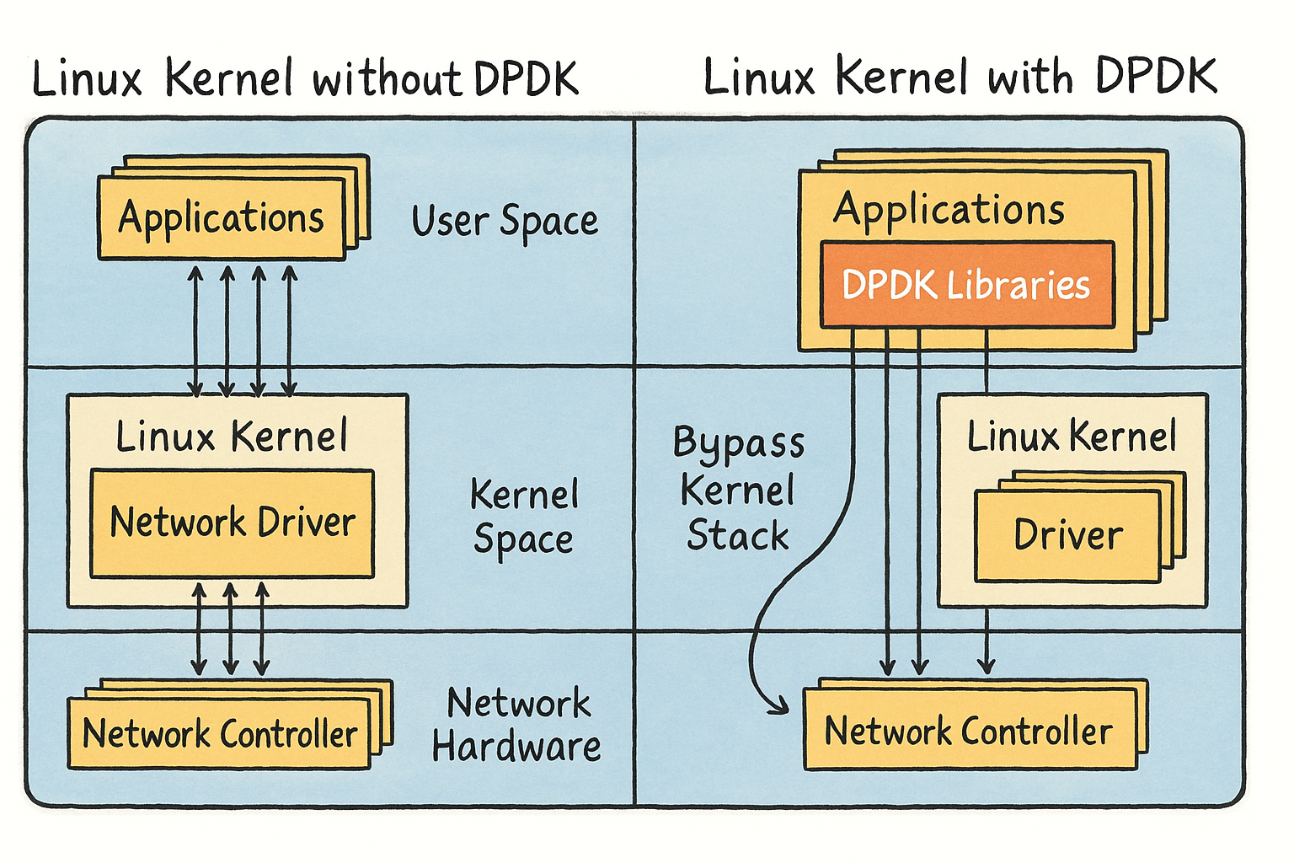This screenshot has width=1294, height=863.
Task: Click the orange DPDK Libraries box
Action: (x=966, y=285)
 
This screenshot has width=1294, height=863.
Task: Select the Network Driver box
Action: (x=232, y=523)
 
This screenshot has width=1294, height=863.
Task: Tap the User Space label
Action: (x=505, y=221)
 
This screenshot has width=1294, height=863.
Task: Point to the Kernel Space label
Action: (x=523, y=516)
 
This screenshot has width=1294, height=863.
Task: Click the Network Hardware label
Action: (x=516, y=725)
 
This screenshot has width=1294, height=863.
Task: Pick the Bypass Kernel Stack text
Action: (x=738, y=489)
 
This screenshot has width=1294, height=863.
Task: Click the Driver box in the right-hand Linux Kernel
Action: (x=1067, y=536)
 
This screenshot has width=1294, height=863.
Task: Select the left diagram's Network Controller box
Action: (x=219, y=734)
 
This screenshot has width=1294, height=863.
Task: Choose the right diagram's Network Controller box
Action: (x=969, y=731)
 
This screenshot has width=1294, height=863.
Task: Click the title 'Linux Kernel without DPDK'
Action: (x=305, y=79)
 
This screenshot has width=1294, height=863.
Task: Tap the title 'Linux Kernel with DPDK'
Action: (x=960, y=77)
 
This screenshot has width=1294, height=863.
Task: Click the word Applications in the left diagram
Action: (x=221, y=218)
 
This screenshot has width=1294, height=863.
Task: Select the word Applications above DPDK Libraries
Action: (x=949, y=209)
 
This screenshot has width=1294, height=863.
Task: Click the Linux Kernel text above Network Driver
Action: (x=232, y=437)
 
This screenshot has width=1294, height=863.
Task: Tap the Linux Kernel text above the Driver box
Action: (x=1071, y=437)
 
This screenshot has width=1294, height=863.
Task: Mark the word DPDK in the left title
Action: (x=526, y=79)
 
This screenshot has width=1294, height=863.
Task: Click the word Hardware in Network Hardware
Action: (x=516, y=747)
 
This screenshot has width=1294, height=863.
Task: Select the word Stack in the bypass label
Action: (x=738, y=536)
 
